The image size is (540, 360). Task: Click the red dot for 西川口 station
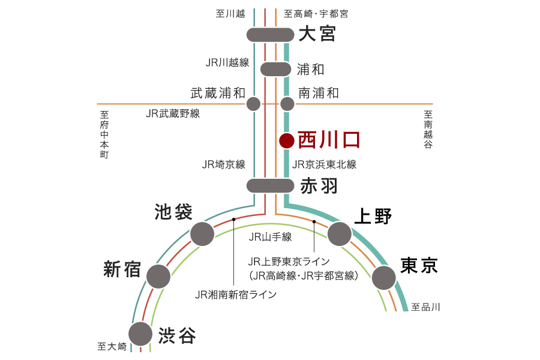[287, 140]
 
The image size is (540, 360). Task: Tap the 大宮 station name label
[317, 34]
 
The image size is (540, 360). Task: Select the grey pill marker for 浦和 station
[275, 69]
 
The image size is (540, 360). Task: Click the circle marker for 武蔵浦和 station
[253, 104]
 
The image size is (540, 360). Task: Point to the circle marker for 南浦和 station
[287, 104]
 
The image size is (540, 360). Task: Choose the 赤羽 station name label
[319, 186]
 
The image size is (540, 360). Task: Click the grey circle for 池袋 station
[202, 234]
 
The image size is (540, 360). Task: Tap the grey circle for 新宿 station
[158, 276]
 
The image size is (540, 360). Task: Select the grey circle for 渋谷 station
[140, 334]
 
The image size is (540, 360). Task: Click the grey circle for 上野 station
[340, 234]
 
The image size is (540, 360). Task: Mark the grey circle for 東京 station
[383, 278]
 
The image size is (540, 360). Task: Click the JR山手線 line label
[270, 236]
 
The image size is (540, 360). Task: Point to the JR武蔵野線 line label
[173, 113]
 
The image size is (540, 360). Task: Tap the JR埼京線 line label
[224, 164]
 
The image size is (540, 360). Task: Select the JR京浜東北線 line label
[324, 164]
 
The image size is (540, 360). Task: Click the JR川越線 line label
[227, 62]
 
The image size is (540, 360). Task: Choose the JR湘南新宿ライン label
[236, 295]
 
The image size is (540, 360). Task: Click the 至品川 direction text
[425, 307]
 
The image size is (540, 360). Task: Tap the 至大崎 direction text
[112, 346]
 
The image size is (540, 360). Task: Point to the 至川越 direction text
[230, 14]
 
